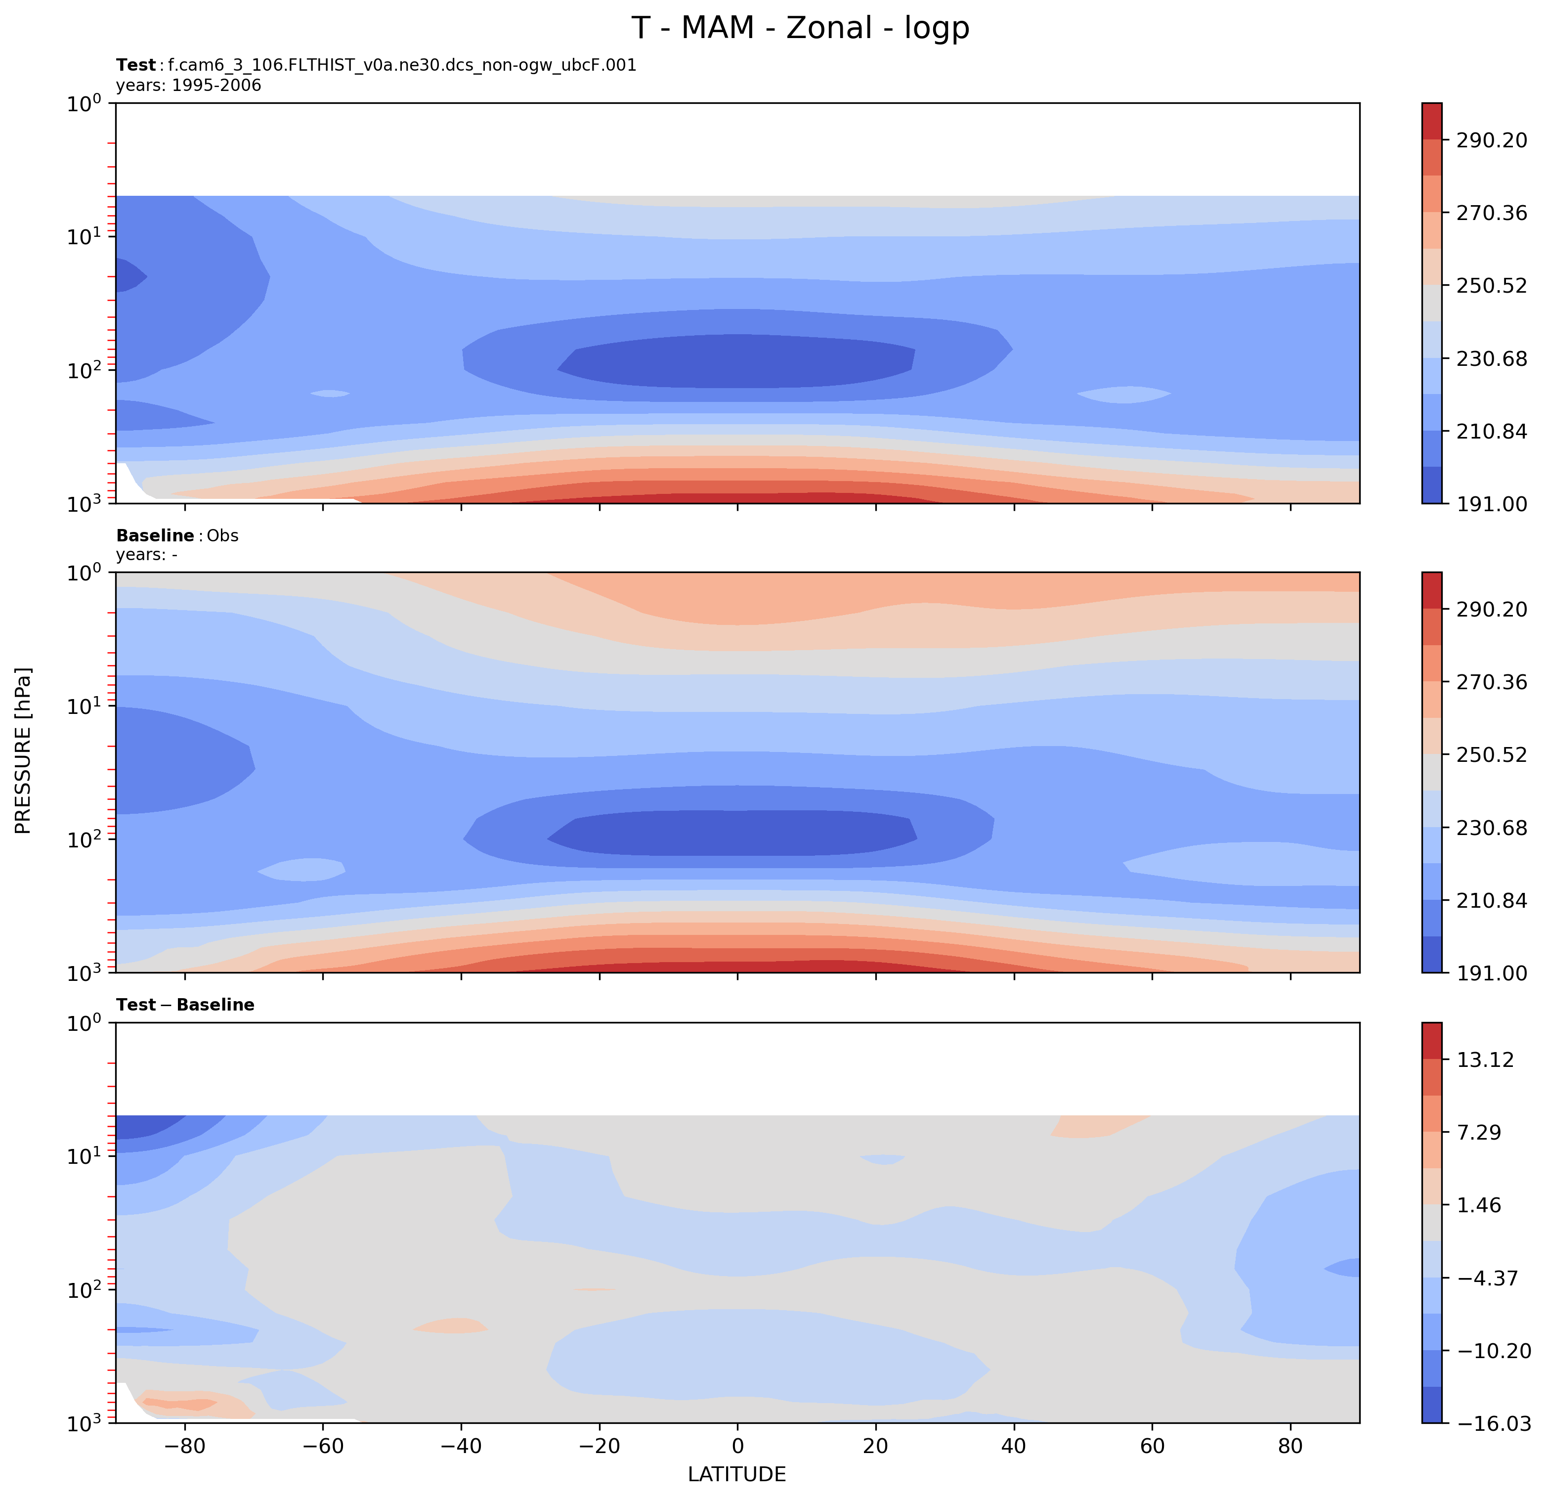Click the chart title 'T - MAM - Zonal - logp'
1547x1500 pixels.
(x=800, y=28)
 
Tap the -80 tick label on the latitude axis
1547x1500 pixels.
(x=185, y=1446)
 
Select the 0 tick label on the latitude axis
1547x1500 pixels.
(x=737, y=1446)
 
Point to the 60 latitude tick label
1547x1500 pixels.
(x=1153, y=1446)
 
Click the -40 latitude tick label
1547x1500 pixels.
(x=461, y=1446)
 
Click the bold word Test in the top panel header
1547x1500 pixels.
(x=136, y=66)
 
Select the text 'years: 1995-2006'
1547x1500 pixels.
(x=189, y=85)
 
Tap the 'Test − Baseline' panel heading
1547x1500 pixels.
(x=185, y=1005)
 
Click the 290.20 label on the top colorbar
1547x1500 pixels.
(x=1491, y=140)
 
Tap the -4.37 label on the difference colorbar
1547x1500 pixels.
(x=1487, y=1278)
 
